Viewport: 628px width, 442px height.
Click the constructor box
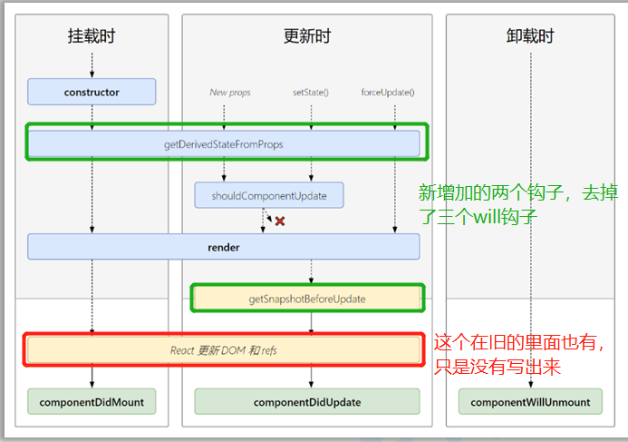point(92,92)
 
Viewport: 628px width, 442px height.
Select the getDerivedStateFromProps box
point(224,143)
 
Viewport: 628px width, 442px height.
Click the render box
point(224,246)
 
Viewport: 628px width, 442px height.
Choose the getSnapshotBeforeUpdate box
point(307,298)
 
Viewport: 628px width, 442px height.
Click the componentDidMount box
point(92,401)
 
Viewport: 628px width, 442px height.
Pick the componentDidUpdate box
point(307,401)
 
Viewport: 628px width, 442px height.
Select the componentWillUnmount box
point(530,401)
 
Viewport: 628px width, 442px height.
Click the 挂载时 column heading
point(92,37)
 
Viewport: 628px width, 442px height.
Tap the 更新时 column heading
point(307,37)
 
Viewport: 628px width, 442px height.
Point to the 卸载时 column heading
point(530,37)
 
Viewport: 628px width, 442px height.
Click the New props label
point(230,92)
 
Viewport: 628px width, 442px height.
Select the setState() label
point(311,92)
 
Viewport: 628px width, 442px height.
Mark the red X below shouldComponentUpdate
point(280,221)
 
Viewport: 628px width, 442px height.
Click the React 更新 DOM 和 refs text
point(224,349)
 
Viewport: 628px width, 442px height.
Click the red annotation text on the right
point(521,354)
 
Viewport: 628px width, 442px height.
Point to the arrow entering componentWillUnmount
point(530,381)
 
